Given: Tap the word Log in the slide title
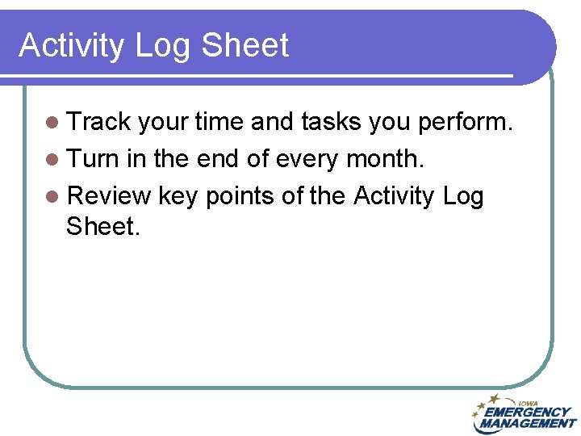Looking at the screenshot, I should (x=164, y=46).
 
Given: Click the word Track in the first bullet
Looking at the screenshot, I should (x=98, y=122).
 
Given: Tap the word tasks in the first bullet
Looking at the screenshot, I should (x=331, y=122).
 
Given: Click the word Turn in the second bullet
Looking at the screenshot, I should (x=93, y=158).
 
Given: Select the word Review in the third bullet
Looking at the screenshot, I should (x=109, y=195).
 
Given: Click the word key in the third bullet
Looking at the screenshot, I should (x=179, y=196).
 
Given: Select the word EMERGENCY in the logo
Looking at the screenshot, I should (x=529, y=412).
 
